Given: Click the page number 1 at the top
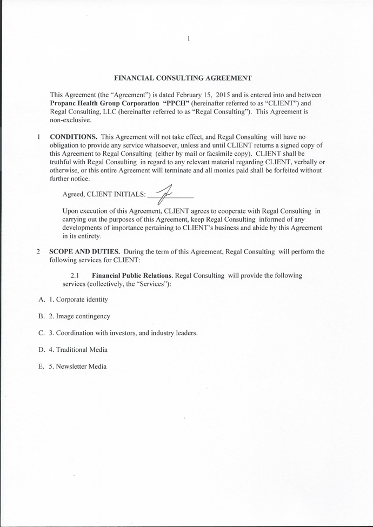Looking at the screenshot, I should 188,38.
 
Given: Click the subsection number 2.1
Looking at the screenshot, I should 75,275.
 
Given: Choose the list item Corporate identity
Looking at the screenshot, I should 82,299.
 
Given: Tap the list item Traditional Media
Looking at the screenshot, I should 82,350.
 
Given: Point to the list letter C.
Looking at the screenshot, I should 41,333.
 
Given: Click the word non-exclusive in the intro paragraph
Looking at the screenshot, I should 70,119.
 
